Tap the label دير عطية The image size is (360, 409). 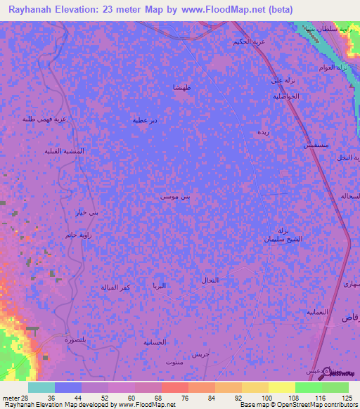coord(145,120)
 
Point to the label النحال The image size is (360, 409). coord(210,280)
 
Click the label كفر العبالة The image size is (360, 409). coord(111,287)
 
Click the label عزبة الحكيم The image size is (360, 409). coord(250,42)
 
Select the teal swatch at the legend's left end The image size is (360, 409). coord(41,387)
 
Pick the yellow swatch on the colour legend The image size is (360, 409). coord(282,387)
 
